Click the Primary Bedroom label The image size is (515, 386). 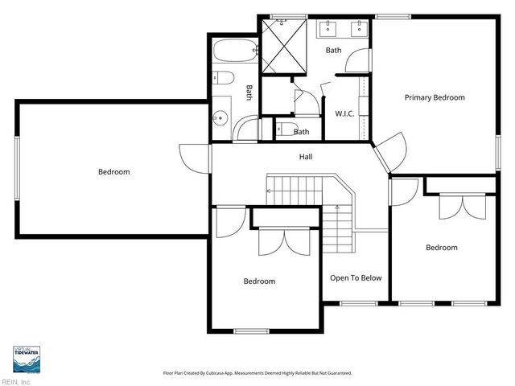click(x=435, y=97)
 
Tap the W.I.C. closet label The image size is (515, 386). click(x=344, y=113)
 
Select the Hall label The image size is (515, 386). click(x=306, y=156)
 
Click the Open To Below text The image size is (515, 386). click(x=355, y=278)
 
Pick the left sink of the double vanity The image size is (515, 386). click(x=329, y=31)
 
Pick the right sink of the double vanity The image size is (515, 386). click(x=360, y=31)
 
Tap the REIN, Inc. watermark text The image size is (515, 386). click(x=15, y=381)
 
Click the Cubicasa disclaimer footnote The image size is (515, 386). click(x=257, y=373)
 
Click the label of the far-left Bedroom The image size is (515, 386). click(x=113, y=171)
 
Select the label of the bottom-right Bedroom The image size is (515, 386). click(x=441, y=248)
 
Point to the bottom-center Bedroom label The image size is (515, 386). click(x=259, y=281)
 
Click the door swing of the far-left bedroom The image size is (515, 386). click(x=192, y=156)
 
